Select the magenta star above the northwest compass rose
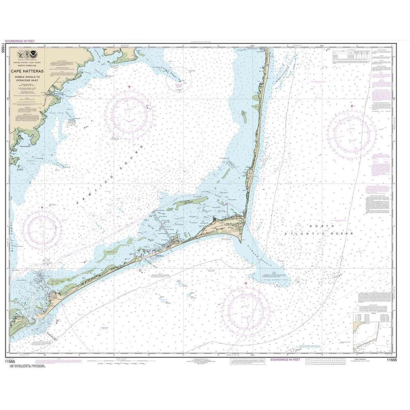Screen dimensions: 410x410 [130, 87]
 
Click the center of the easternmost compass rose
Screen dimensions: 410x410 [352, 134]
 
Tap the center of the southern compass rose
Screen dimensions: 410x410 [246, 310]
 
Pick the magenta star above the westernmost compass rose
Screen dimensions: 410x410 [42, 207]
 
